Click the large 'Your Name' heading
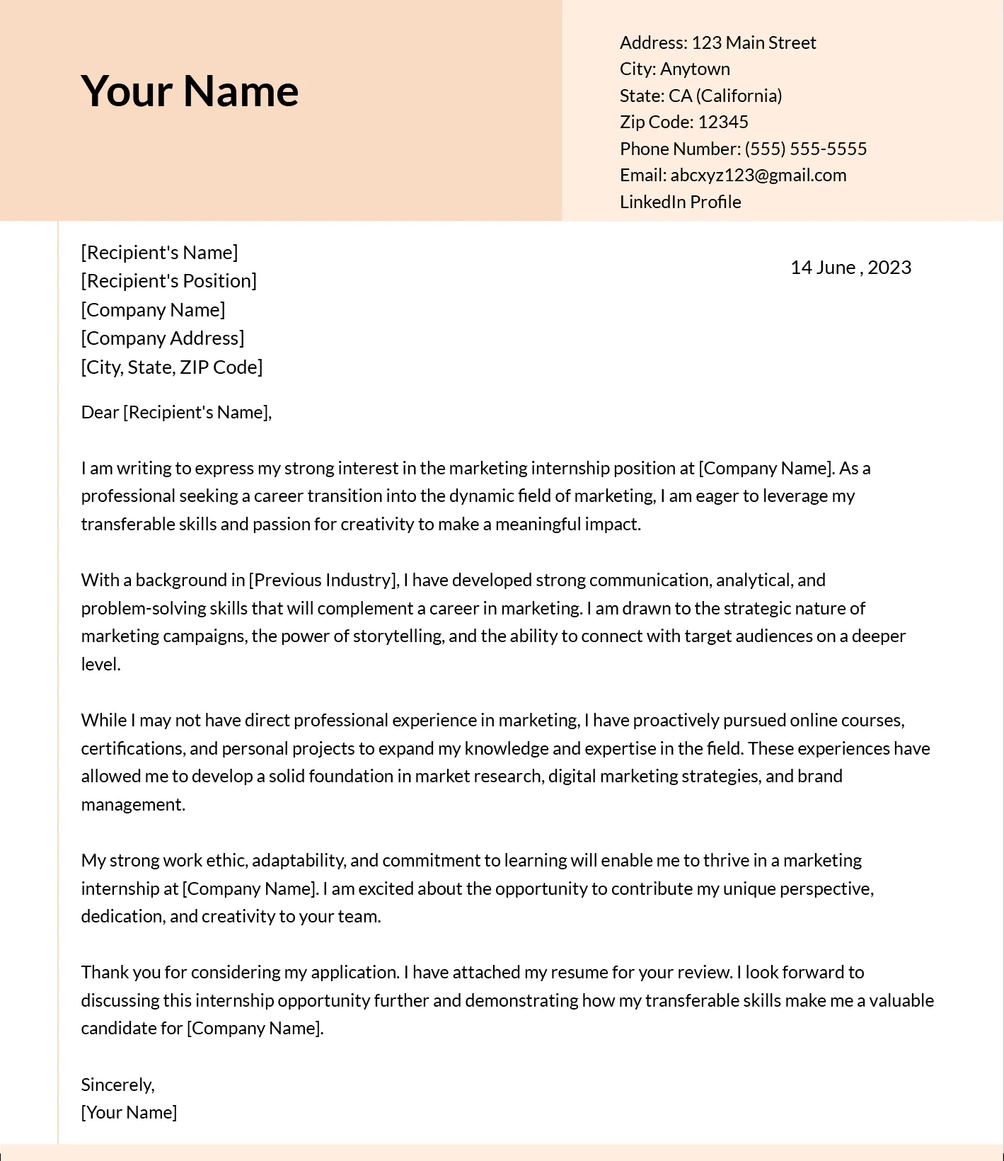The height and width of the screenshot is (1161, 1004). [190, 91]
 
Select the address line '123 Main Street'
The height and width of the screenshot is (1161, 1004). [753, 42]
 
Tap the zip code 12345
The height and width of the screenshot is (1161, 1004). [722, 122]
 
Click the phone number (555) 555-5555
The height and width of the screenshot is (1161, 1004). [805, 149]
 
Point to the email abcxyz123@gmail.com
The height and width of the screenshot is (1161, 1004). [758, 175]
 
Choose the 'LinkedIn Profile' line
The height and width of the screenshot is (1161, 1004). [680, 202]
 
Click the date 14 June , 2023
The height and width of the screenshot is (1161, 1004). [850, 267]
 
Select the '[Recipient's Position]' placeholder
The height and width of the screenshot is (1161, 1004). [168, 281]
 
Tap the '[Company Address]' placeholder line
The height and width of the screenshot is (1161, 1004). [162, 338]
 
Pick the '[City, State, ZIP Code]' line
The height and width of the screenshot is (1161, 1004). [171, 367]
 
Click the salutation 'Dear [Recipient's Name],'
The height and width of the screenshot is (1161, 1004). [176, 412]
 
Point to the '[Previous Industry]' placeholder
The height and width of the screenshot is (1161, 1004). [323, 580]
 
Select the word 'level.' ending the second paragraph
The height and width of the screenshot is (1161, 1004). [100, 664]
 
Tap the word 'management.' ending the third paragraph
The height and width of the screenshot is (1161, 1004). [133, 804]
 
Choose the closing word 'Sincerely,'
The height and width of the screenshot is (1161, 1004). [117, 1085]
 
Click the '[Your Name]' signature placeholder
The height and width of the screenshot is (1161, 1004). [129, 1112]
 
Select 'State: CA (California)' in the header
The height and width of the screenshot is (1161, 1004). [700, 96]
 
